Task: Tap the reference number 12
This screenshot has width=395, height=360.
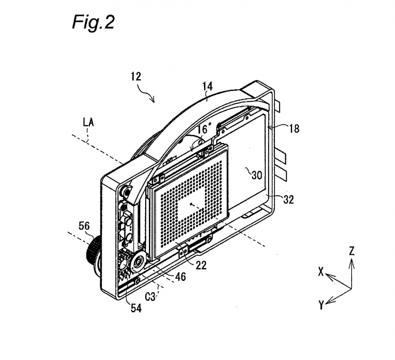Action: pos(136,77)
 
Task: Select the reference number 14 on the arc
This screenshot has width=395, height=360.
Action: pos(207,86)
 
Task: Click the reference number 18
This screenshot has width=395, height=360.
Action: pos(294,129)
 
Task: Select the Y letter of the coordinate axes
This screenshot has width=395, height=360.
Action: pos(321,305)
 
